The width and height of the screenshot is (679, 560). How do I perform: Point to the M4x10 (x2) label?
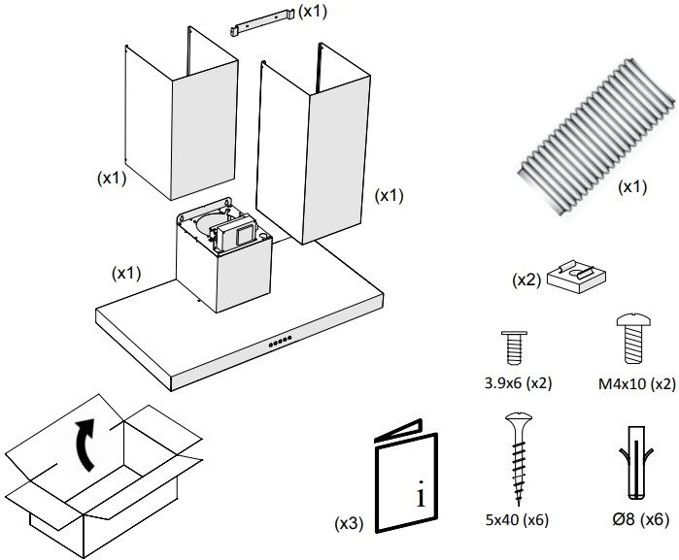point(637,382)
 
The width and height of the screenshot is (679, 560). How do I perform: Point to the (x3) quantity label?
point(349,523)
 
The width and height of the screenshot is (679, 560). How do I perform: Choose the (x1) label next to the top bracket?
point(313,11)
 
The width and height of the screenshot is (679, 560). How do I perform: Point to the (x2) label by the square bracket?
point(526,280)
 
